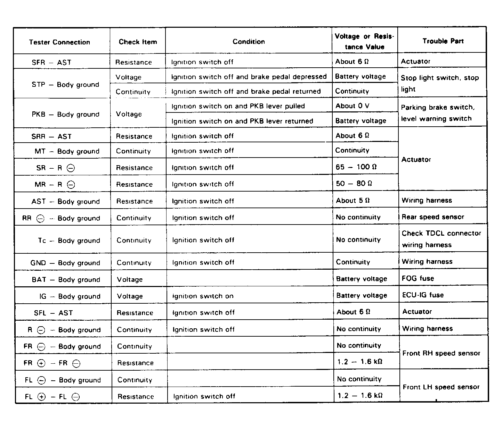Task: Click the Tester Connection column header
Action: [x=59, y=42]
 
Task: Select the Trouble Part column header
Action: [x=443, y=41]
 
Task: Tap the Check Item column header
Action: [x=138, y=42]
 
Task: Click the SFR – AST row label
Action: [x=51, y=62]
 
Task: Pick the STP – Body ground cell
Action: [x=65, y=85]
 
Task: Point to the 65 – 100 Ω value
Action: [x=356, y=167]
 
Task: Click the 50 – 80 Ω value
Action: [x=354, y=184]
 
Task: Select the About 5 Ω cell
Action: [x=353, y=201]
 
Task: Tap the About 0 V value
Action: [x=352, y=106]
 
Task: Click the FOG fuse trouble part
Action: [x=418, y=278]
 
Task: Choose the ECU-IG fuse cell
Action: [x=423, y=295]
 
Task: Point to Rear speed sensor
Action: [x=433, y=217]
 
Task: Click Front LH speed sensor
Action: [x=441, y=387]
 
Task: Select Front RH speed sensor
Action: [x=441, y=353]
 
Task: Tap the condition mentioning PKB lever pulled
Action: [x=238, y=106]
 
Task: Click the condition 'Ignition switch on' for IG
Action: [x=203, y=296]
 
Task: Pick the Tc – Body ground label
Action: [x=69, y=241]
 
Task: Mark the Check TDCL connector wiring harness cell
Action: [x=441, y=239]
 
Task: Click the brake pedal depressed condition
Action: [x=249, y=77]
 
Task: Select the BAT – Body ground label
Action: [x=66, y=280]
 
